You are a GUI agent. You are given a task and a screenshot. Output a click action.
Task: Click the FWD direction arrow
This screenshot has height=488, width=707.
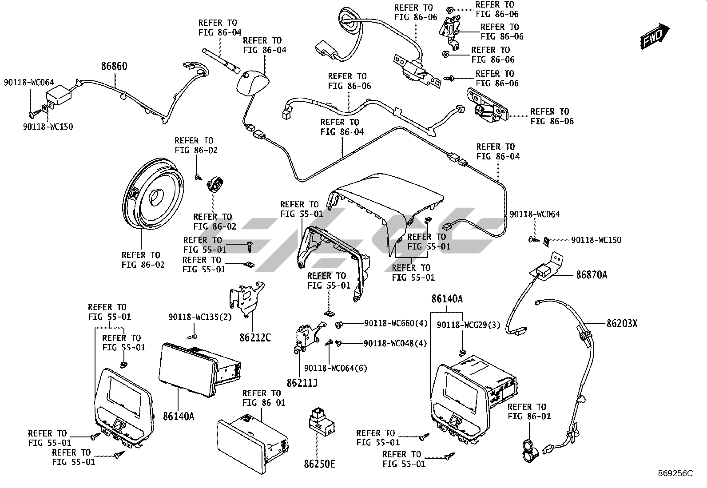(655, 36)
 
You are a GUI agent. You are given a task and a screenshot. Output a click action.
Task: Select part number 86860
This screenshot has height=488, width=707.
(114, 67)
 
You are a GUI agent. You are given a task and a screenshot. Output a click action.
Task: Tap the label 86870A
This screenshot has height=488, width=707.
(591, 275)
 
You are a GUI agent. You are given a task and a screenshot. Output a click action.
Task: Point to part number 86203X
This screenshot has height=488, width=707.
(621, 324)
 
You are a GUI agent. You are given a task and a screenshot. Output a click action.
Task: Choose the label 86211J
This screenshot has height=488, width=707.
(302, 382)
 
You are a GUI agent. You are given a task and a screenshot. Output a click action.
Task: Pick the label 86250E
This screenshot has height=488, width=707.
(319, 464)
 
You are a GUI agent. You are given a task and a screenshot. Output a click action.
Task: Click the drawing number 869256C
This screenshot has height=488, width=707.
(675, 473)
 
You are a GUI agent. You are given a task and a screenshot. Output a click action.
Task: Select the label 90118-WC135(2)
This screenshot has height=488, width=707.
(200, 317)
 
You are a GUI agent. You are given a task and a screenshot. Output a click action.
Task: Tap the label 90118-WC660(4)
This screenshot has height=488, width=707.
(396, 324)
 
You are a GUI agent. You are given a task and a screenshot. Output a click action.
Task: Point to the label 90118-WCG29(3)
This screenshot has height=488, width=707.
(468, 325)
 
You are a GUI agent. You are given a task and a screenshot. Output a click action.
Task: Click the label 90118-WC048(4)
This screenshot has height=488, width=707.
(395, 344)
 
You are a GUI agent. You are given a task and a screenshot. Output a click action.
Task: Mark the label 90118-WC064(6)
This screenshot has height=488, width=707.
(336, 368)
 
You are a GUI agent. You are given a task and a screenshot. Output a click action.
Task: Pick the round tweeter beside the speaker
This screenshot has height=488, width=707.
(216, 183)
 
